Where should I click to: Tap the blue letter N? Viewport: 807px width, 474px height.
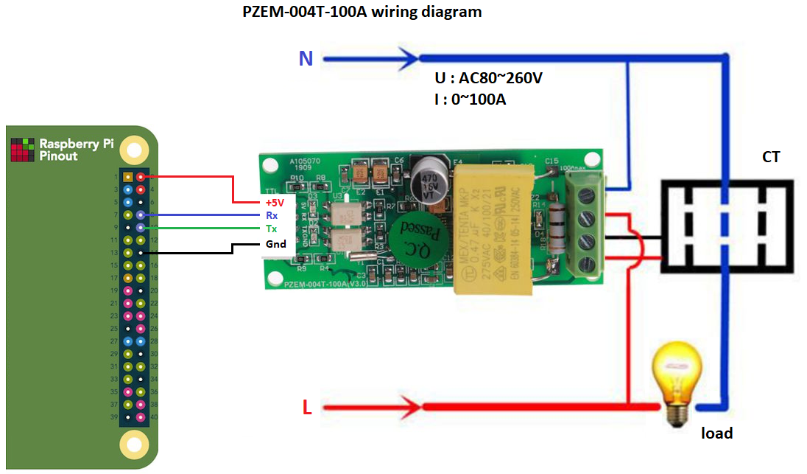coord(306,58)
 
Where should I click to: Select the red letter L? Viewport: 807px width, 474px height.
coord(307,406)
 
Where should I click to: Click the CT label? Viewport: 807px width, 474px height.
coord(771,157)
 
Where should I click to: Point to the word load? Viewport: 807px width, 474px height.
coord(716,433)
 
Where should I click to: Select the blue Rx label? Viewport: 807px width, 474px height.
coord(272,215)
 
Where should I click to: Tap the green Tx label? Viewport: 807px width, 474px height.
coord(272,229)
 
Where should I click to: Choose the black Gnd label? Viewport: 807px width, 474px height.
coord(275,244)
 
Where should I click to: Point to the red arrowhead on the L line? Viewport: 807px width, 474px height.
coord(410,405)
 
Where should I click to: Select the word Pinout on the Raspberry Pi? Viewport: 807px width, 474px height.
coord(58,156)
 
